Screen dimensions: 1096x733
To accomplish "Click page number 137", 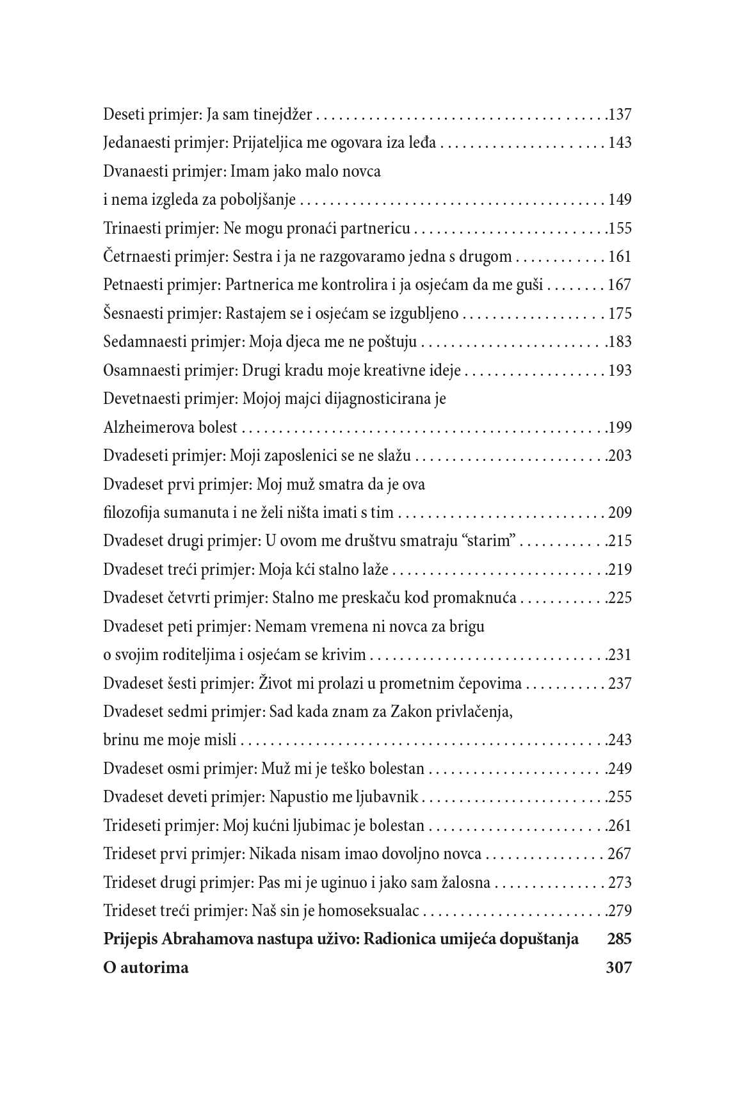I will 620,115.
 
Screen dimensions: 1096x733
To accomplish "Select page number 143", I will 620,143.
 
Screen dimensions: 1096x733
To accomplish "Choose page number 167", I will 620,285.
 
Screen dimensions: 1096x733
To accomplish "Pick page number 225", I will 620,598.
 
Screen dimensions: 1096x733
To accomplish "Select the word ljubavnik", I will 389,797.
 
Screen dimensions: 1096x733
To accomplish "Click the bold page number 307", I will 618,967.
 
